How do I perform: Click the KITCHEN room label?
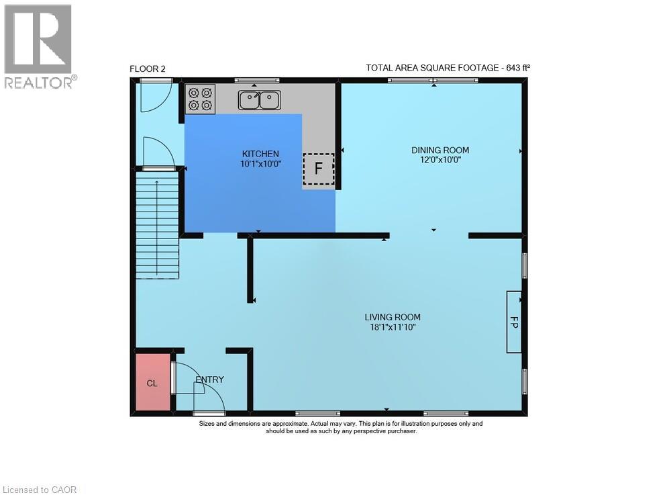(260, 154)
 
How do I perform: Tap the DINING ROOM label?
(440, 150)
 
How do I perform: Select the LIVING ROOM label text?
(393, 317)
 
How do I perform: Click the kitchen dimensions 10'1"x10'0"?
(260, 164)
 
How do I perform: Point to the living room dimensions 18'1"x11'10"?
(393, 328)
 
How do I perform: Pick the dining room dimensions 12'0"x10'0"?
(440, 160)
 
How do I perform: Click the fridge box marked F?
(318, 169)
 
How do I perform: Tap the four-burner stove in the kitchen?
(200, 99)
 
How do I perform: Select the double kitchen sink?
(259, 100)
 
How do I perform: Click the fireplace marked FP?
(514, 322)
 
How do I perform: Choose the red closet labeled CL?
(153, 382)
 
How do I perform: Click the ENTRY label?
(209, 379)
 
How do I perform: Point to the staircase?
(157, 224)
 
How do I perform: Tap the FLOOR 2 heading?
(148, 69)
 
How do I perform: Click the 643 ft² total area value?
(518, 68)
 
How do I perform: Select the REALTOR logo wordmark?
(41, 83)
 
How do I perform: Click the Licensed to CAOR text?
(40, 490)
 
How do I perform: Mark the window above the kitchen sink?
(257, 80)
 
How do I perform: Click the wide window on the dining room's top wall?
(433, 80)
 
